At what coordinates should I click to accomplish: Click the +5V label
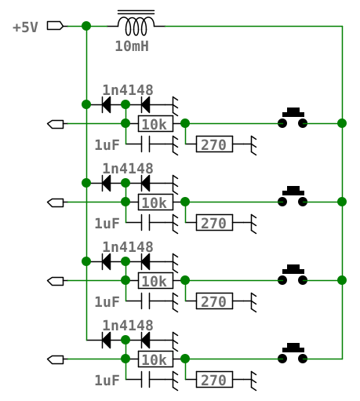(25, 27)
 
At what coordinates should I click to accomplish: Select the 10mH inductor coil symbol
(136, 23)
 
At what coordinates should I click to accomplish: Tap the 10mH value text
(132, 46)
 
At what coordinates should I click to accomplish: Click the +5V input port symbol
(55, 26)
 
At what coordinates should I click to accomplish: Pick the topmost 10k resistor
(155, 123)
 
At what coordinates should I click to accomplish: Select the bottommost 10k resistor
(155, 359)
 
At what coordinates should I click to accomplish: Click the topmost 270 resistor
(214, 144)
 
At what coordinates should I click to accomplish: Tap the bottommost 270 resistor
(214, 379)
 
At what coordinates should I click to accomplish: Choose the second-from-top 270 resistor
(214, 222)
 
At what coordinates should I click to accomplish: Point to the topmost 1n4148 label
(128, 90)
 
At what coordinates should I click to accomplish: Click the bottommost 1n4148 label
(128, 326)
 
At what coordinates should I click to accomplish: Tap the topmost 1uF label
(107, 145)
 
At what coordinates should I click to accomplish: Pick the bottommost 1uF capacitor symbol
(146, 379)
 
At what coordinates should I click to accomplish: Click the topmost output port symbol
(56, 124)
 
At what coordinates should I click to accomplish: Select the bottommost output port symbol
(56, 359)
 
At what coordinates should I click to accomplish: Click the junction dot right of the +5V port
(86, 26)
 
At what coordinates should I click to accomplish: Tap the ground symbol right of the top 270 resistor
(253, 145)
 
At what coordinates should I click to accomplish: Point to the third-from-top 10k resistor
(155, 280)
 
